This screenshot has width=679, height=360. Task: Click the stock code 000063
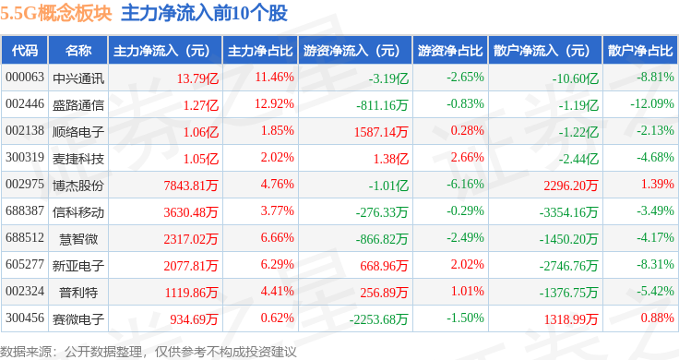[x=25, y=78]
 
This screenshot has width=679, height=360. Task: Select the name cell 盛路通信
[x=78, y=105]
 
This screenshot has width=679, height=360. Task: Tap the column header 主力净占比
[x=260, y=51]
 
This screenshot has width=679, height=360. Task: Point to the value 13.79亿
[x=197, y=78]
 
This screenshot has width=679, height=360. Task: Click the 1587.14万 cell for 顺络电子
[x=381, y=132]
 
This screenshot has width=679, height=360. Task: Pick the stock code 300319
[x=25, y=157]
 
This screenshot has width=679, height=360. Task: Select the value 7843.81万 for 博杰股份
[x=191, y=186]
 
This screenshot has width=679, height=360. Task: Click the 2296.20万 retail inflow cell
[x=571, y=186]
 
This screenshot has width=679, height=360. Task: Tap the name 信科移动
[x=78, y=212]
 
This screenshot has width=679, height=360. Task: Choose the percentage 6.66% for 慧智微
[x=277, y=237]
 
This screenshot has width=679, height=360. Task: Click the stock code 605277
[x=25, y=264]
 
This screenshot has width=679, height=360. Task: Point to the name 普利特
[x=78, y=293]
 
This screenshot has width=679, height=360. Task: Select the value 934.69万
[x=194, y=319]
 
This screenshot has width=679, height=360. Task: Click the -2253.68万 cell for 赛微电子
[x=378, y=319]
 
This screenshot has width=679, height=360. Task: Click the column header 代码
[x=25, y=51]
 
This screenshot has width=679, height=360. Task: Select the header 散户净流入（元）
[x=545, y=51]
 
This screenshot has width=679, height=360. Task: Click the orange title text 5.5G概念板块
[x=56, y=13]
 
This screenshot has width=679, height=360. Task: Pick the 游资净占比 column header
[x=450, y=51]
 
